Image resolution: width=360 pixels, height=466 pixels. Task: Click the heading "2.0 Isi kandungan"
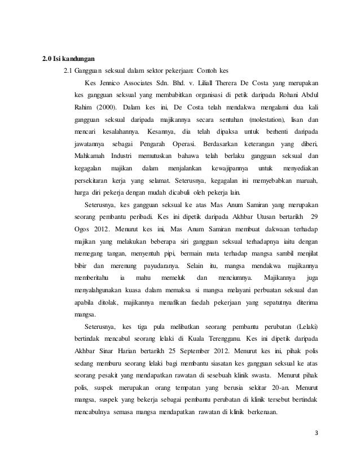(x=69, y=59)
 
